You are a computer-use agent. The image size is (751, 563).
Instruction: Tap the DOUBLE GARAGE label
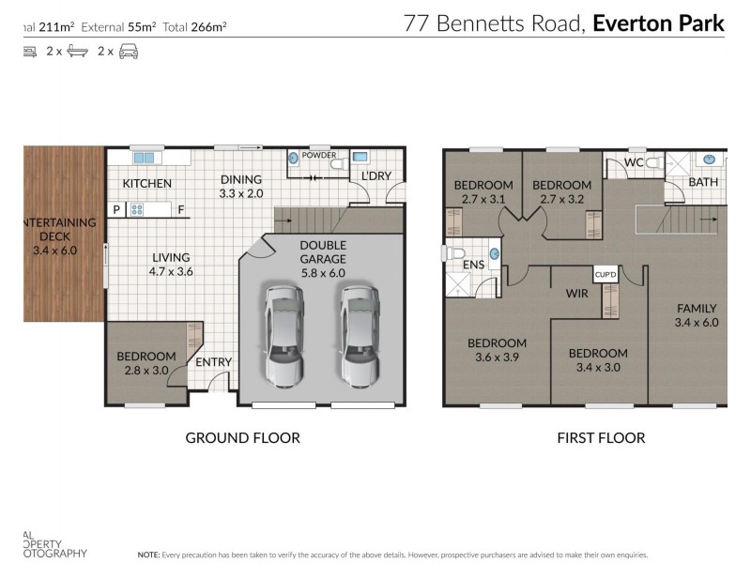(x=322, y=251)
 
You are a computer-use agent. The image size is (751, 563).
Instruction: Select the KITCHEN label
(x=146, y=183)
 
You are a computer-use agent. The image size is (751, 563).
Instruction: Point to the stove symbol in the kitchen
(x=136, y=210)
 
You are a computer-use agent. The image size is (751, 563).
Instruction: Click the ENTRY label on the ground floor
(x=213, y=362)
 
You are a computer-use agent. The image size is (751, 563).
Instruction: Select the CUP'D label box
(x=605, y=274)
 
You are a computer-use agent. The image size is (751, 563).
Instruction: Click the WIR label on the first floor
(x=576, y=294)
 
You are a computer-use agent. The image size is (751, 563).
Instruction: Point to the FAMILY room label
(x=695, y=314)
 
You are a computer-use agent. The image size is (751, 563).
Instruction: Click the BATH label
(x=703, y=181)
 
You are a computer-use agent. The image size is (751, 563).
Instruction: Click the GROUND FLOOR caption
(x=242, y=437)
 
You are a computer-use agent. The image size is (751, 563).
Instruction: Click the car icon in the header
(x=129, y=52)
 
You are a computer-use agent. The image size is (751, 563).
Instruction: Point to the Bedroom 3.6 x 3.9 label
(x=497, y=349)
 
